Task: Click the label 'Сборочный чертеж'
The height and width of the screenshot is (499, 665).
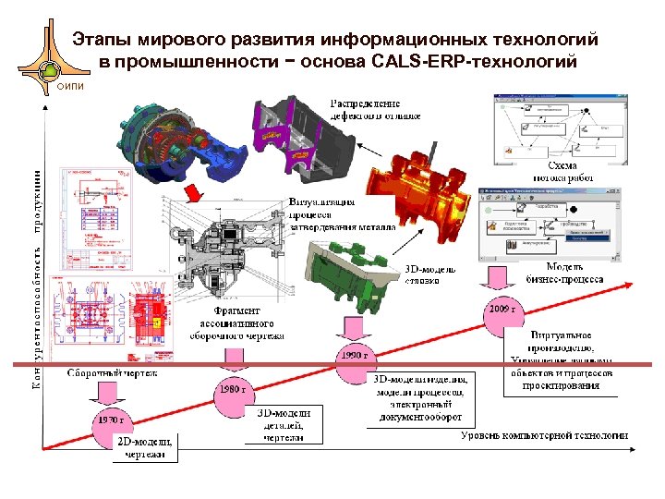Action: pyautogui.click(x=112, y=374)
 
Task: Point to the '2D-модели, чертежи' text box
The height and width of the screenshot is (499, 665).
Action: pyautogui.click(x=145, y=448)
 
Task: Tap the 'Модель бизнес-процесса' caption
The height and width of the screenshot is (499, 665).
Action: pyautogui.click(x=564, y=273)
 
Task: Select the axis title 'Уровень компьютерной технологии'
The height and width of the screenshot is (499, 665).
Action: pyautogui.click(x=545, y=435)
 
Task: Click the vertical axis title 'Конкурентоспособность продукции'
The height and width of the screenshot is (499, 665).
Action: pyautogui.click(x=38, y=268)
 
